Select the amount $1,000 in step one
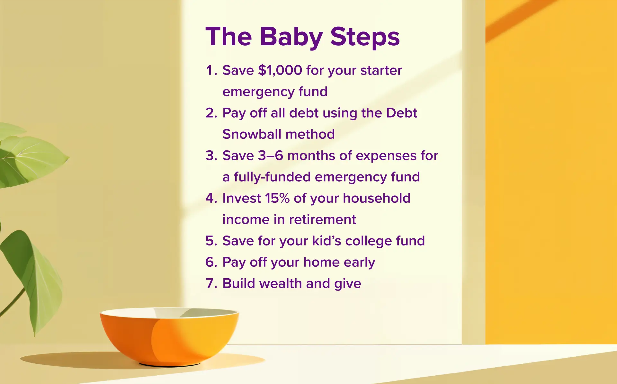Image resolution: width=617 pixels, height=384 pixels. coord(280,70)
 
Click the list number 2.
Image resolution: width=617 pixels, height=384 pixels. coord(211,113)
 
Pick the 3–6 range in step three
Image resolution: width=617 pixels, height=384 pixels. coord(271,156)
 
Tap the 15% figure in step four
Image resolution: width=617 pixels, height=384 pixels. coord(277,198)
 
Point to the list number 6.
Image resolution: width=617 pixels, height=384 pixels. coord(211,262)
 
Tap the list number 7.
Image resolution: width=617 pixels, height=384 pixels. coord(211,284)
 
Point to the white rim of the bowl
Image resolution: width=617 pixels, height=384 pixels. coord(129,312)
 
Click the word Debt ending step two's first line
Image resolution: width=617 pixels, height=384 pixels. coord(401,113)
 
